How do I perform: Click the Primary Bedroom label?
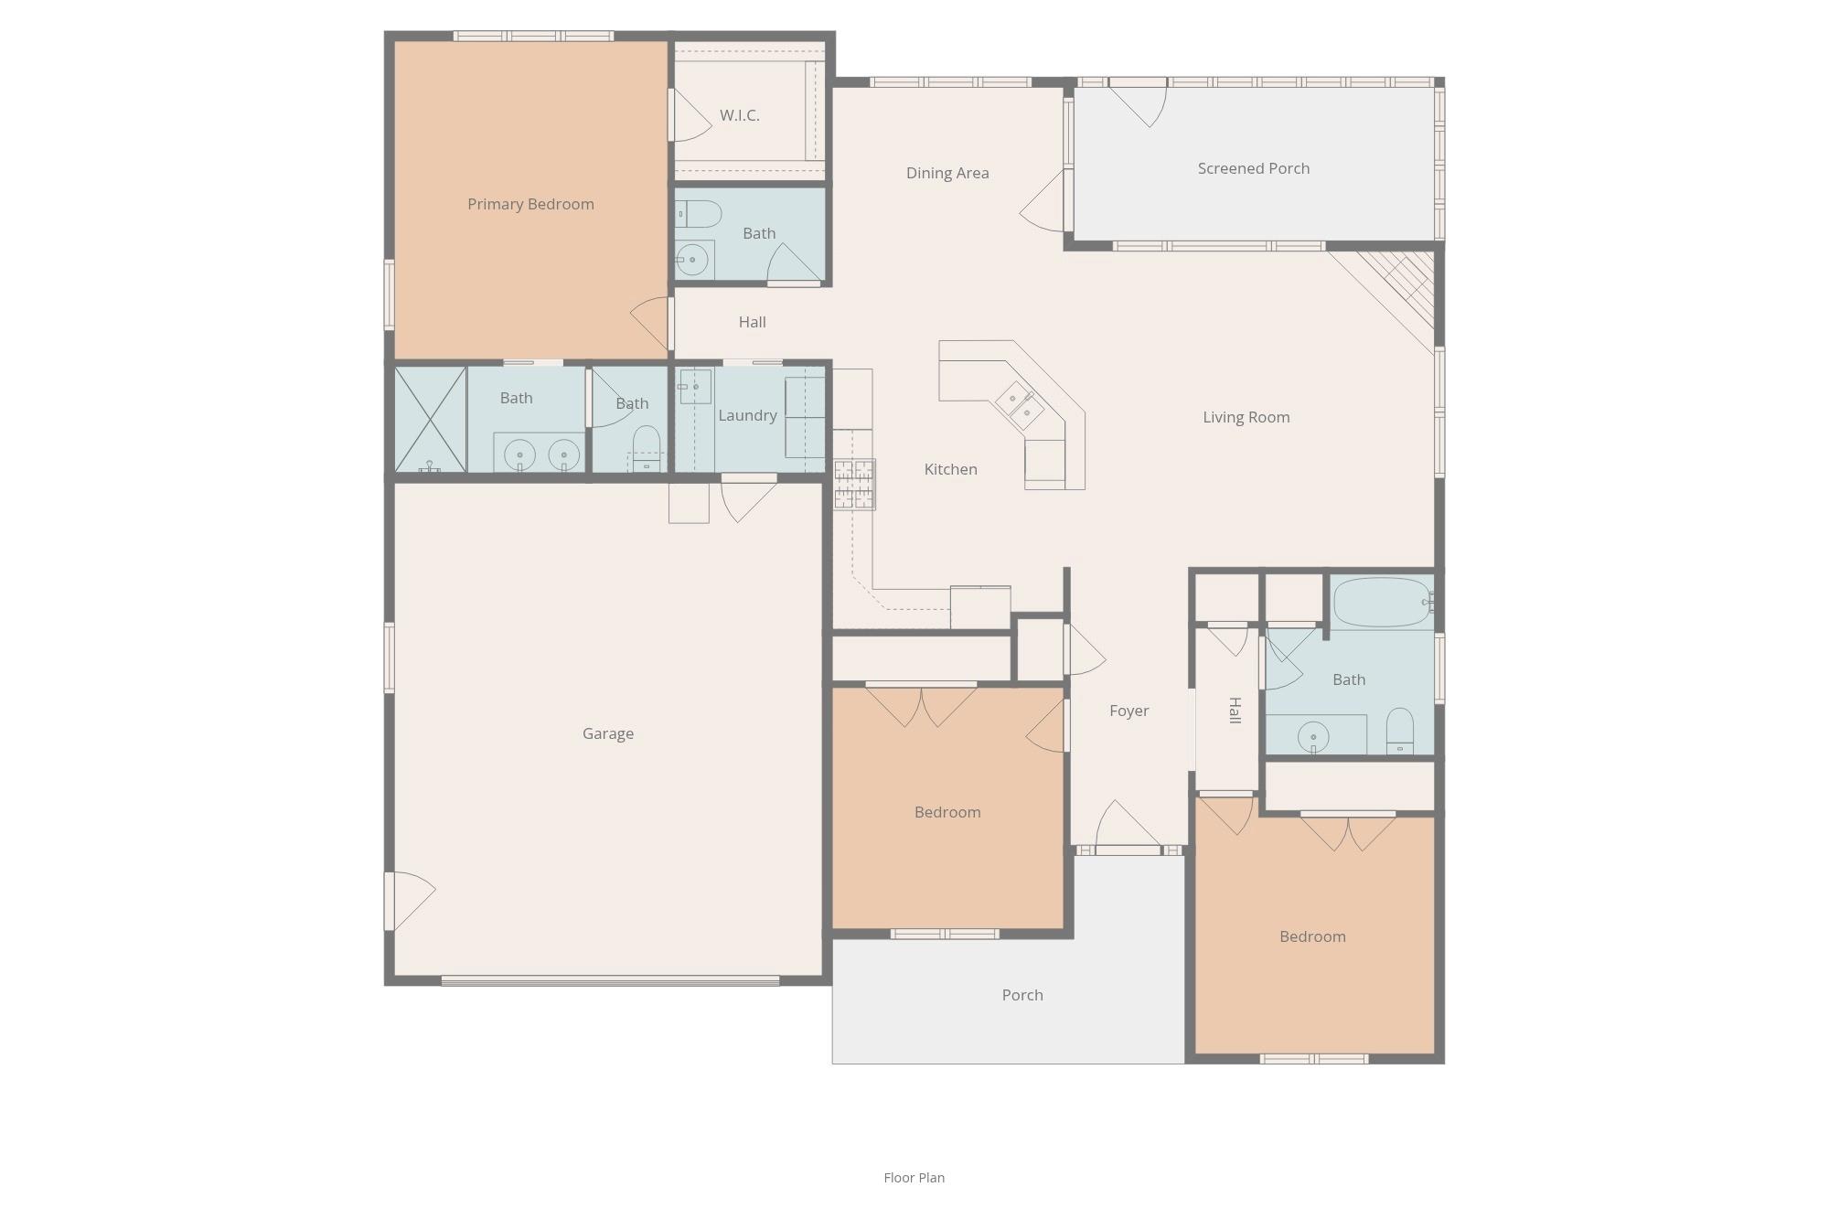(530, 204)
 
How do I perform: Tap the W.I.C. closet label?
(739, 115)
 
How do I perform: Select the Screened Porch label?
(1253, 168)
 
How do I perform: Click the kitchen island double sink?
(1020, 405)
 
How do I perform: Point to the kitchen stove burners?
(853, 485)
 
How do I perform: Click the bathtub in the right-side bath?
(1381, 602)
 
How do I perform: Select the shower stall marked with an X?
(430, 419)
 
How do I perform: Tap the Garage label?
(607, 733)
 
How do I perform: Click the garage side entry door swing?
(409, 900)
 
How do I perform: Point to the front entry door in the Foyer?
(1128, 828)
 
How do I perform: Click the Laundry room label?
(747, 415)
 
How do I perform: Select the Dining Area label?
(947, 173)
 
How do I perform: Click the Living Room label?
(1246, 417)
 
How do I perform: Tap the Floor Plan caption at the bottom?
(914, 1178)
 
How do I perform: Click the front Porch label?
(1021, 995)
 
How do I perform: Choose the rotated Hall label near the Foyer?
(1234, 711)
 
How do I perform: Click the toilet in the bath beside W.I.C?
(700, 214)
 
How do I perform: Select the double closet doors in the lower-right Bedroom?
(1348, 830)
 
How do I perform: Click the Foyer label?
(1128, 711)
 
